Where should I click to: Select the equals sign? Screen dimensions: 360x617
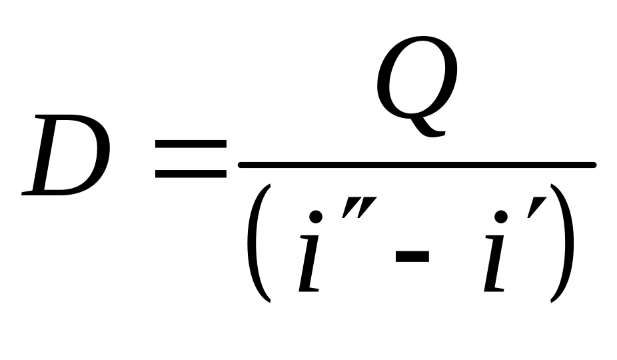tap(190, 160)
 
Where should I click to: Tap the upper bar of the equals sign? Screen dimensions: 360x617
tap(190, 145)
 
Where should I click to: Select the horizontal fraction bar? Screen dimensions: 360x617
tap(416, 165)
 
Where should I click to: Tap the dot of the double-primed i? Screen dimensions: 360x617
tap(318, 217)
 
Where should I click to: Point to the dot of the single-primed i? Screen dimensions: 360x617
tap(503, 217)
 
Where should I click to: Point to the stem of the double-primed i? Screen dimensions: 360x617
tap(310, 267)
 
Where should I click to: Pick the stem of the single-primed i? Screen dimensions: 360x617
tap(494, 267)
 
